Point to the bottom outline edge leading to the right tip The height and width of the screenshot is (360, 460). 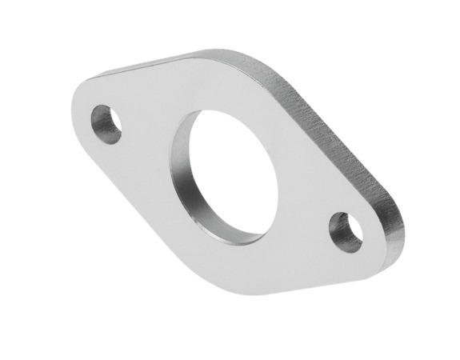click(320, 279)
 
